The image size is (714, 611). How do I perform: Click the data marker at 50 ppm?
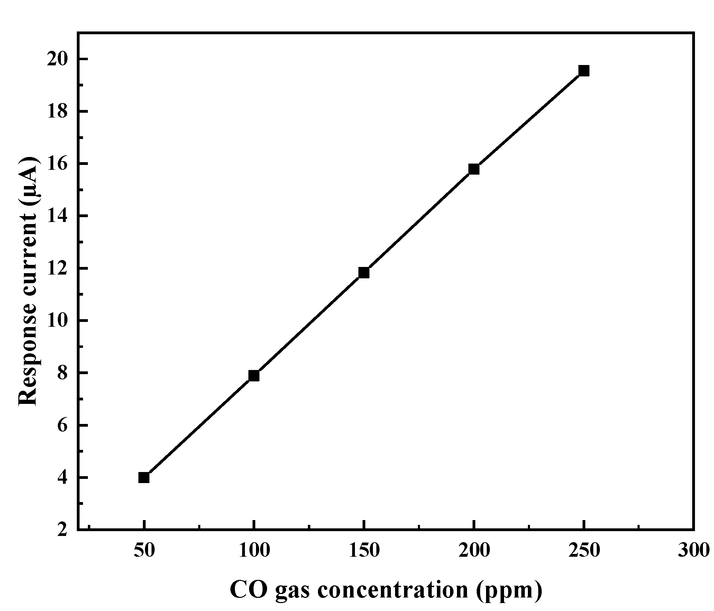(x=144, y=478)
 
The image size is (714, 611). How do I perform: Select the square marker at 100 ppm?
(x=254, y=376)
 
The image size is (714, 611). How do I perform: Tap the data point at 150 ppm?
(x=364, y=273)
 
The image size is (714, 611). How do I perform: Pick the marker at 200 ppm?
(x=474, y=169)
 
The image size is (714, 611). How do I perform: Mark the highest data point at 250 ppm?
(x=584, y=71)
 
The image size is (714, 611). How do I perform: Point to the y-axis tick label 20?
(x=57, y=59)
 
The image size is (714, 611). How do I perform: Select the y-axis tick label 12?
(x=57, y=268)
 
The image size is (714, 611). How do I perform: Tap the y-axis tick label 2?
(x=62, y=530)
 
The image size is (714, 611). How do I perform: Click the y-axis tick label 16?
(x=57, y=164)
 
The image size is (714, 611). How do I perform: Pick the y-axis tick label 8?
(x=62, y=373)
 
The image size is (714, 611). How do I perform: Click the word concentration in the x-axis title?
(x=393, y=590)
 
